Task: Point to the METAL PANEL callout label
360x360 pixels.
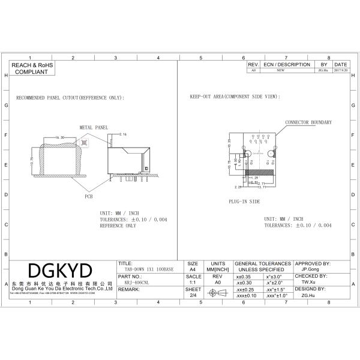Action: pyautogui.click(x=94, y=128)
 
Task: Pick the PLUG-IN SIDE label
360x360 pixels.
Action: pyautogui.click(x=244, y=202)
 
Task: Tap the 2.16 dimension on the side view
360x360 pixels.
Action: pyautogui.click(x=124, y=134)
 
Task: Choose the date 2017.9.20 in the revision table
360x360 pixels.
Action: pyautogui.click(x=340, y=70)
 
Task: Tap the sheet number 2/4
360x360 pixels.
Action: pyautogui.click(x=193, y=295)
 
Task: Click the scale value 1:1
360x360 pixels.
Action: pyautogui.click(x=193, y=282)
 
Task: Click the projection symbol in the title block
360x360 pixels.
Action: pyautogui.click(x=218, y=293)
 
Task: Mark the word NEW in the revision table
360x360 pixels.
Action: pyautogui.click(x=280, y=70)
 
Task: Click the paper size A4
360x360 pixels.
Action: pyautogui.click(x=193, y=269)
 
